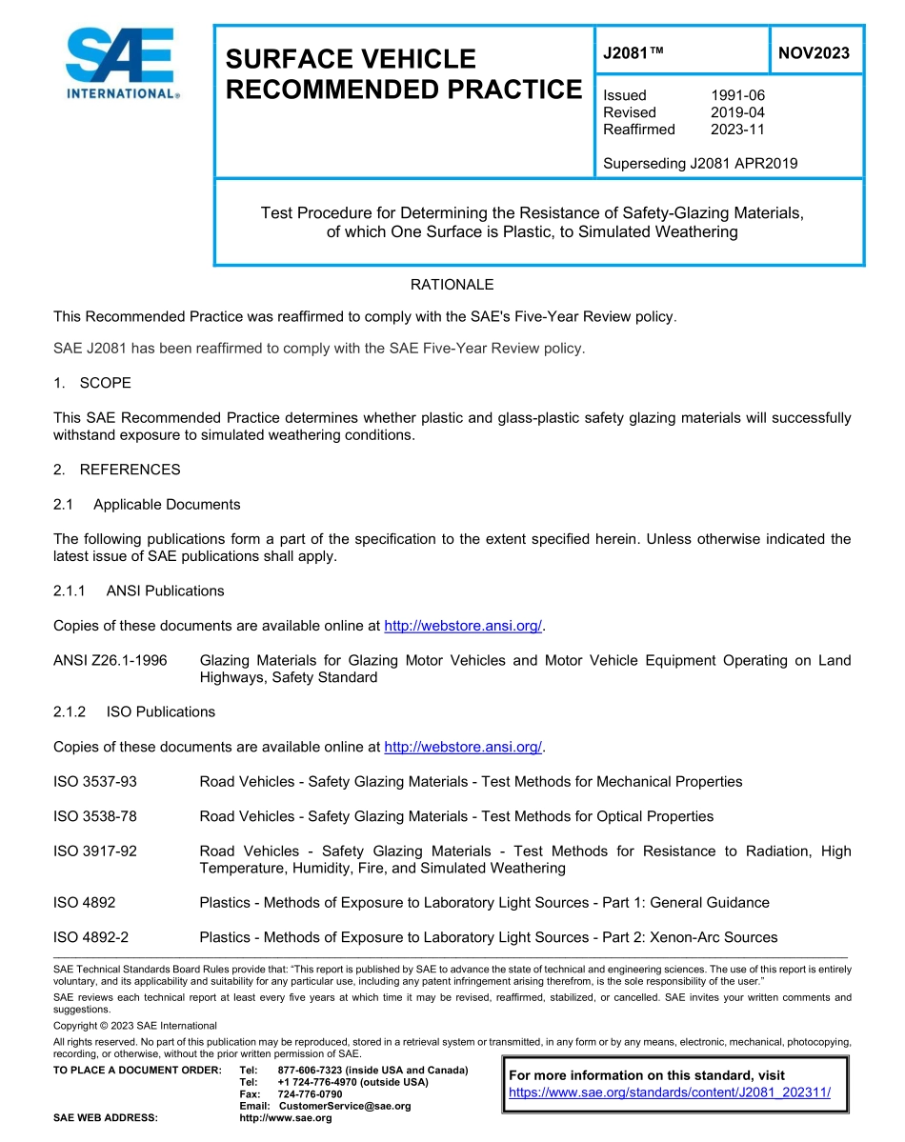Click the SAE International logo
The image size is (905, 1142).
click(x=120, y=63)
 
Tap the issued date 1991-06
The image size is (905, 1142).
click(x=737, y=95)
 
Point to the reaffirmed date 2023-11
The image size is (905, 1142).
click(x=737, y=130)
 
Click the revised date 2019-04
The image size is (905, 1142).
click(x=737, y=112)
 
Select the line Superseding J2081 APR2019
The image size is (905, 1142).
click(x=700, y=163)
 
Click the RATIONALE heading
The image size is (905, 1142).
click(x=452, y=285)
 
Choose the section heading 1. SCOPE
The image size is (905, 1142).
click(x=92, y=383)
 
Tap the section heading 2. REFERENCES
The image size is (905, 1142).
click(x=116, y=470)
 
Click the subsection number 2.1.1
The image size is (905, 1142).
click(x=70, y=591)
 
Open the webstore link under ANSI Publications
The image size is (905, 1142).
click(x=462, y=626)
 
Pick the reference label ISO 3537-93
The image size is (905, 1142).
click(x=95, y=781)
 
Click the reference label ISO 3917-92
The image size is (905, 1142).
click(x=95, y=851)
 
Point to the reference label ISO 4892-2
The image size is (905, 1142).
click(x=91, y=937)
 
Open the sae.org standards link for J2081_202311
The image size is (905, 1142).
click(x=670, y=1092)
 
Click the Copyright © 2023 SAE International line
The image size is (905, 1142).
click(x=135, y=1026)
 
